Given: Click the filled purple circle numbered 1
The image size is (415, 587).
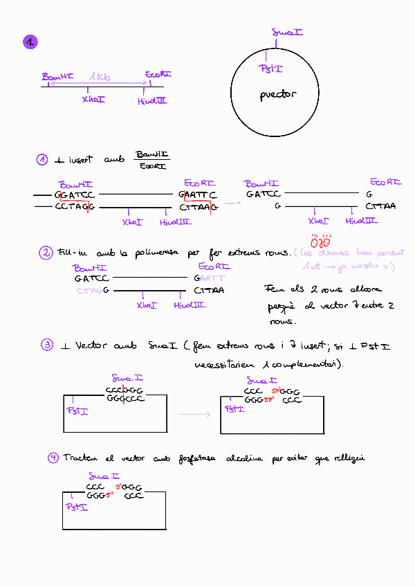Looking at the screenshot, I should coord(30,43).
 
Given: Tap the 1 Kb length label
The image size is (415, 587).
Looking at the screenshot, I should coord(100,77).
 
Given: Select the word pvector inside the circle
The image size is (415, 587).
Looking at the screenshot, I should coord(277,95).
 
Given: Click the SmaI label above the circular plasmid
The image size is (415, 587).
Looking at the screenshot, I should coord(287,32).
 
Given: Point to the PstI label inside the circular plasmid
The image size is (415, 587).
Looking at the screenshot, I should coord(270,69).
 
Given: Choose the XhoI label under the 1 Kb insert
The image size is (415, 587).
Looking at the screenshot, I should coord(93,100).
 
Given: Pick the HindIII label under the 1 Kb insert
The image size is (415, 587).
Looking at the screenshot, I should coord(152,101).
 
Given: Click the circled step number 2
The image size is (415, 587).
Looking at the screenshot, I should coord(46,253).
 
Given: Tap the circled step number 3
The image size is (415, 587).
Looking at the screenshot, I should coord(47,345).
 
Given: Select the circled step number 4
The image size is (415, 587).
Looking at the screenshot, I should coord(53,458).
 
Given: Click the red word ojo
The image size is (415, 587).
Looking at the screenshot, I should coord(320,242).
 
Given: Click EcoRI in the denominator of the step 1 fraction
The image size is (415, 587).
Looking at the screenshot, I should coord(151,165).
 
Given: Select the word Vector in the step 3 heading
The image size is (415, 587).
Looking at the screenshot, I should coord(89,345).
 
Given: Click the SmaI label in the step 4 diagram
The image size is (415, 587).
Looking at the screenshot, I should coord(105,476).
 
